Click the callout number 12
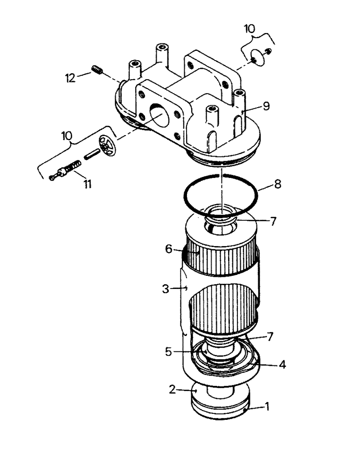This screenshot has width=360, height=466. point(70,77)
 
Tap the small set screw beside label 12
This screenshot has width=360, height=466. point(97,70)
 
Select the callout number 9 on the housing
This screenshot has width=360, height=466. point(266,106)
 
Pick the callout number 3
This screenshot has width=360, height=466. point(166,289)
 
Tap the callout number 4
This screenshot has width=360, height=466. point(283,365)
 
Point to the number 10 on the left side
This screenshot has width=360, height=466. point(67,136)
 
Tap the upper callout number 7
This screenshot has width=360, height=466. point(274,221)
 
